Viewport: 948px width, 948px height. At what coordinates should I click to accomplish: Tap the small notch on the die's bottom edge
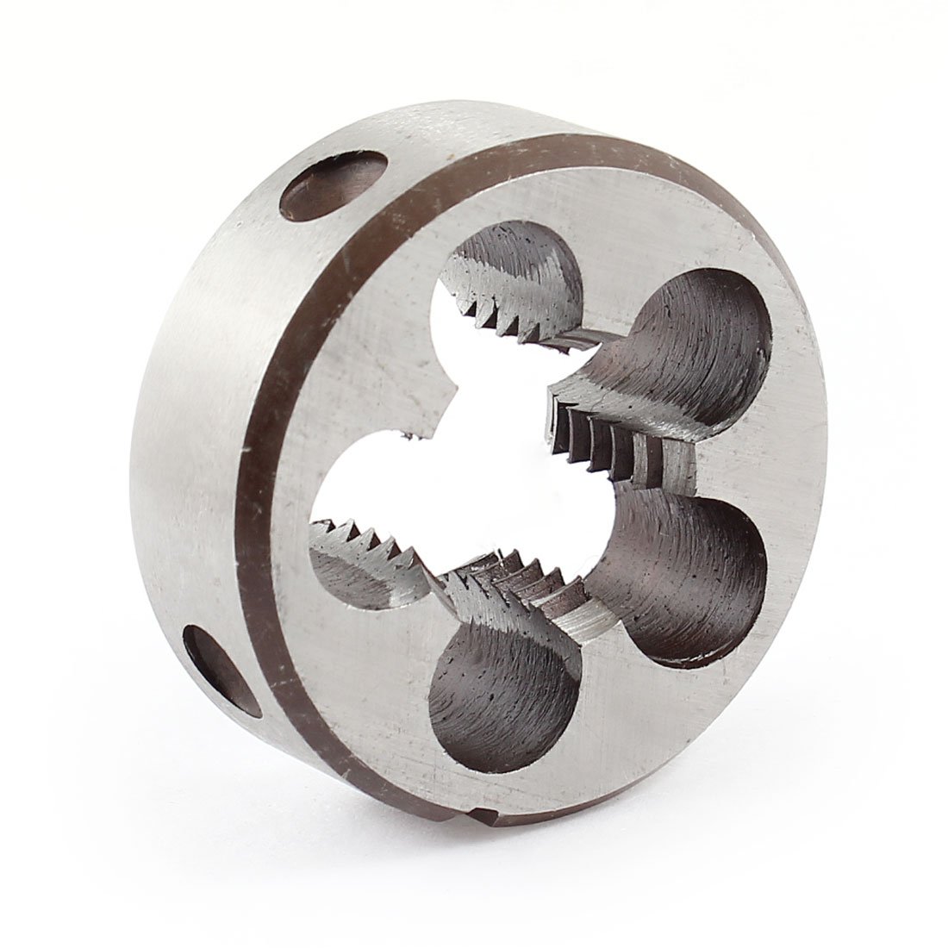click(x=484, y=870)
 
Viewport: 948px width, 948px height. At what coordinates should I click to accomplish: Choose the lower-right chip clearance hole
click(x=689, y=569)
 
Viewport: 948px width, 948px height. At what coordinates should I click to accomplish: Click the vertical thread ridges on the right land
click(x=603, y=431)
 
